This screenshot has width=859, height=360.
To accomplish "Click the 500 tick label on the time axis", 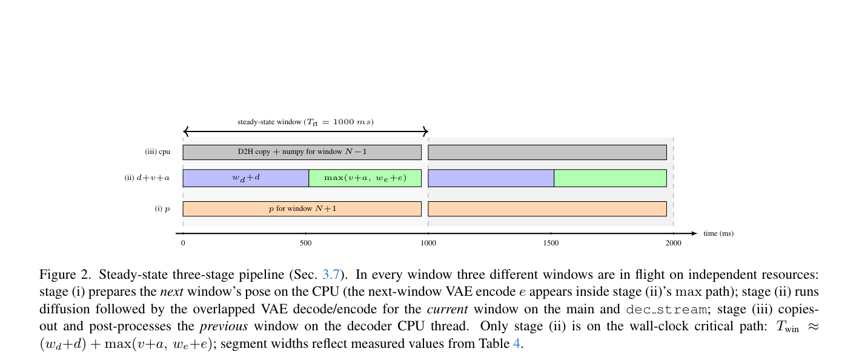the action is point(306,243).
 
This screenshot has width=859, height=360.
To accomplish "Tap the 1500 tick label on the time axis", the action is point(551,243).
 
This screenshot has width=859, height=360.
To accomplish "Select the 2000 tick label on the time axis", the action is point(674,243).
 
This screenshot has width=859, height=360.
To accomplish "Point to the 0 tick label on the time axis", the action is point(183,243).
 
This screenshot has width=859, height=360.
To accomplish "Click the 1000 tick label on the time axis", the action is point(428,243).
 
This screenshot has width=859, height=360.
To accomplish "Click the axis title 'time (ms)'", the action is point(718,233).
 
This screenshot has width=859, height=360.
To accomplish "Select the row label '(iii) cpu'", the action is point(158,152).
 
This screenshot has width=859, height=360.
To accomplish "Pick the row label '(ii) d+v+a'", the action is point(147,178).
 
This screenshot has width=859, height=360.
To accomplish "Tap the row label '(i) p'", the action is point(162,208).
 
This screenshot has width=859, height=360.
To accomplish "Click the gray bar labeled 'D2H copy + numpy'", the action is point(302,152).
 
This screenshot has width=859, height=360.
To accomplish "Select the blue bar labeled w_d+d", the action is point(246,178).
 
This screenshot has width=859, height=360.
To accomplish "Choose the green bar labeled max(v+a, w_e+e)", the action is point(365,178).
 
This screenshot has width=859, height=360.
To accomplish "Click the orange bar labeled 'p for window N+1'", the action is point(302,208).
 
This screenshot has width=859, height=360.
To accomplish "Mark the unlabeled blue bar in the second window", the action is point(491,178).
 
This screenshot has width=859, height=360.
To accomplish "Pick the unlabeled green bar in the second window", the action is point(610,178).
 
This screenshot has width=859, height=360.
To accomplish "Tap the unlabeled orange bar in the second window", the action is point(547,208).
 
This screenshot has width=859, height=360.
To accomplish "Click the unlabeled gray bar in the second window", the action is point(547,152).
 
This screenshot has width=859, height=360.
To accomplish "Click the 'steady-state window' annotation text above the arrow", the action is point(305,122).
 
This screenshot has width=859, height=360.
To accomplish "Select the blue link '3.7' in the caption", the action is point(331,275).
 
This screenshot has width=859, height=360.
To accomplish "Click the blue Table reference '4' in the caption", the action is point(517,343).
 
